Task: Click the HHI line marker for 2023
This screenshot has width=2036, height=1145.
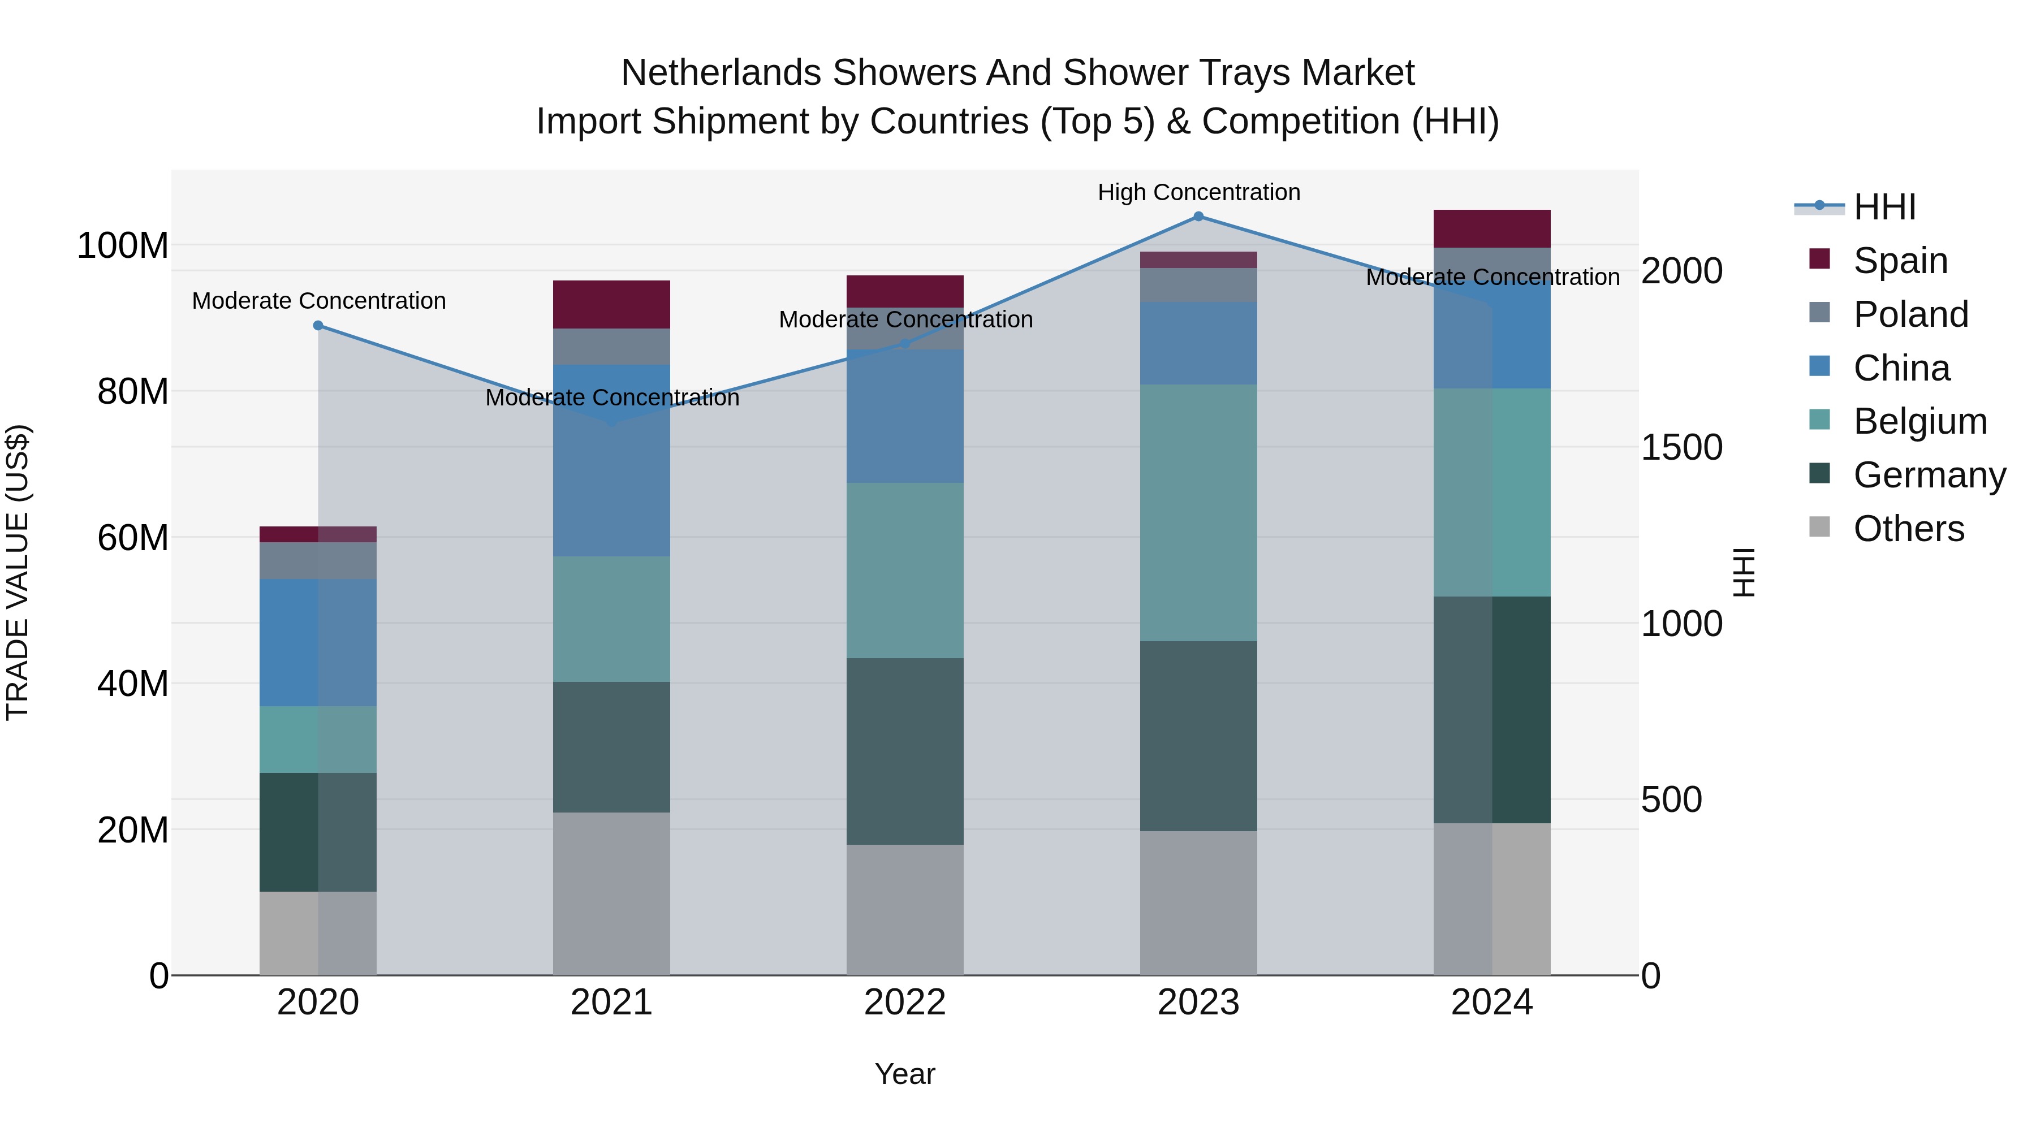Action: pos(1198,217)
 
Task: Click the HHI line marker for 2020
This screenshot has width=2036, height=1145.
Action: pos(318,326)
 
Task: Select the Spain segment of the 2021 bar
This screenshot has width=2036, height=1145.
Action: pos(611,304)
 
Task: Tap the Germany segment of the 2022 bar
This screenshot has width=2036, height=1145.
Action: pos(905,751)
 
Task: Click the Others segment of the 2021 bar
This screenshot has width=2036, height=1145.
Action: pos(611,893)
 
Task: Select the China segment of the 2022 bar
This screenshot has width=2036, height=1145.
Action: pos(905,416)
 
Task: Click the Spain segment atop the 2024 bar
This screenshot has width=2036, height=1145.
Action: pos(1491,228)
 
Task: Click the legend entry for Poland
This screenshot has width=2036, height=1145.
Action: pos(1910,314)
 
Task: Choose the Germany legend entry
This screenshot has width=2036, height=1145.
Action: pos(1929,475)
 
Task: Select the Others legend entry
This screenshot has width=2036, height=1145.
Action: pos(1908,529)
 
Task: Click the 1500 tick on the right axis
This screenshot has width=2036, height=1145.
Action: pos(1682,447)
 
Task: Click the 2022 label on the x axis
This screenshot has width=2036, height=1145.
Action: pos(905,1003)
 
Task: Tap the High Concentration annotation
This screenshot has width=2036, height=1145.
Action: pos(1198,192)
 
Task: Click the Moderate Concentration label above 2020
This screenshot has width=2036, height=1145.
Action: pos(318,301)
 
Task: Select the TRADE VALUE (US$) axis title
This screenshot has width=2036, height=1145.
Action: pos(18,572)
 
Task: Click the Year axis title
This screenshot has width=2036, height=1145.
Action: pos(905,1074)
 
